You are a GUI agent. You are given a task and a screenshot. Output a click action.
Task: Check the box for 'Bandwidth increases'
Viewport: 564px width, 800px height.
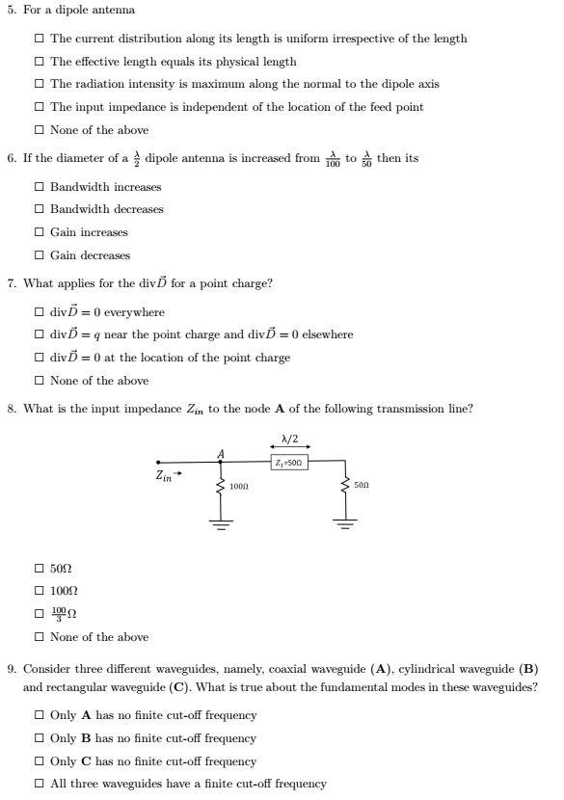pyautogui.click(x=39, y=187)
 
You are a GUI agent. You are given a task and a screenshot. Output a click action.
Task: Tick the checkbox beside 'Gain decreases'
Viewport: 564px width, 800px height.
pyautogui.click(x=39, y=255)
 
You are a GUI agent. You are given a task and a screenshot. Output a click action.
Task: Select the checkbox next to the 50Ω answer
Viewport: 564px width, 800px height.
pyautogui.click(x=39, y=569)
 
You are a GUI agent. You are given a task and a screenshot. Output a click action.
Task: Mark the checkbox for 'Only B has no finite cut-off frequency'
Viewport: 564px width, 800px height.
pyautogui.click(x=39, y=738)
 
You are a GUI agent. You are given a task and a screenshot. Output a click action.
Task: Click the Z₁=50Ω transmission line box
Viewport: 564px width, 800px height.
pyautogui.click(x=288, y=463)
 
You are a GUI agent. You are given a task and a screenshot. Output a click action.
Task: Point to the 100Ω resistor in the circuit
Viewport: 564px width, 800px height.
pyautogui.click(x=222, y=486)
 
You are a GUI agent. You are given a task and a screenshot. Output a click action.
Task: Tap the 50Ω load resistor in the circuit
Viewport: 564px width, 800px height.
pyautogui.click(x=344, y=486)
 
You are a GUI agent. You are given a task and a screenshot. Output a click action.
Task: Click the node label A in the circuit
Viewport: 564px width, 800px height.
pyautogui.click(x=221, y=453)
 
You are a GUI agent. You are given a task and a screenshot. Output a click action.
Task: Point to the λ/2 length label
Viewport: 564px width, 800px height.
pyautogui.click(x=289, y=440)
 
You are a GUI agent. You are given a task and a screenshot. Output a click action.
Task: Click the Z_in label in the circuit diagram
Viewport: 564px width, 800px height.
pyautogui.click(x=165, y=475)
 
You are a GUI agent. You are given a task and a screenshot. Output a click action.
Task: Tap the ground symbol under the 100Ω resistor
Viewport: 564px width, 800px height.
pyautogui.click(x=222, y=524)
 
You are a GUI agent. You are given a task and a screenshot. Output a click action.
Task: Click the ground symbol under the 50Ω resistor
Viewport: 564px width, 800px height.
pyautogui.click(x=344, y=524)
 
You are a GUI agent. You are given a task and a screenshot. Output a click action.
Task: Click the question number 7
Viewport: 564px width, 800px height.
pyautogui.click(x=11, y=283)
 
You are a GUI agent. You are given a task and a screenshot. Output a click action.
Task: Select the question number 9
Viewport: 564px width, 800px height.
pyautogui.click(x=11, y=668)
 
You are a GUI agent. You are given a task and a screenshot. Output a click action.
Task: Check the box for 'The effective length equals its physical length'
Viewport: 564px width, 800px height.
pyautogui.click(x=39, y=62)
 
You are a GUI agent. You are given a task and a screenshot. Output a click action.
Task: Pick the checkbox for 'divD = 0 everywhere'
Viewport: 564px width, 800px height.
pyautogui.click(x=39, y=312)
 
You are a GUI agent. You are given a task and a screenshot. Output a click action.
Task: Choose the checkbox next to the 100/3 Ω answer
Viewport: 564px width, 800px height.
pyautogui.click(x=39, y=614)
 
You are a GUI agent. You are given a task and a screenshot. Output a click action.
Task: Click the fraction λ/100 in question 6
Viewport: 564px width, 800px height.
pyautogui.click(x=332, y=159)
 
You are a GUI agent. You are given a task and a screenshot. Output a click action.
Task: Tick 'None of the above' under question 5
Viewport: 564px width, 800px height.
pyautogui.click(x=39, y=130)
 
